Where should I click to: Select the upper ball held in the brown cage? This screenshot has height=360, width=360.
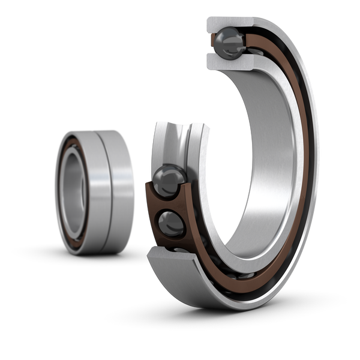[166, 179]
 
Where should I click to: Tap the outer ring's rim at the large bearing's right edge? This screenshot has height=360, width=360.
[316, 162]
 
